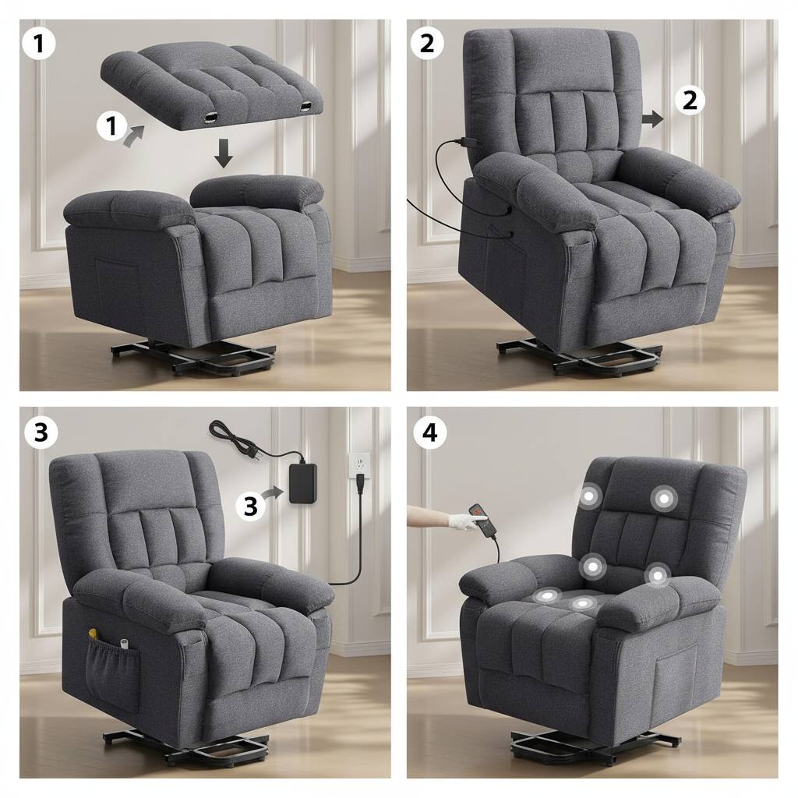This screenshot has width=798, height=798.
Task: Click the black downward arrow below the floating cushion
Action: pos(224,153)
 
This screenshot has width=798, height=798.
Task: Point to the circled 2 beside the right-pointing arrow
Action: pos(689,101)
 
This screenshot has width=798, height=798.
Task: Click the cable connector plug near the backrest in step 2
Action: pos(467,143)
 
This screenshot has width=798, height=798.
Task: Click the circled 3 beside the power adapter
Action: pos(250,506)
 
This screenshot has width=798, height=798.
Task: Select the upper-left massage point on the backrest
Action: pos(588,496)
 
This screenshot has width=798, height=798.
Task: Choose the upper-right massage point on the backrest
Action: pos(664,498)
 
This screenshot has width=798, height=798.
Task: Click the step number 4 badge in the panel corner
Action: pos(429,433)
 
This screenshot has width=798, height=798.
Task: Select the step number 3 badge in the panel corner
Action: pos(41,433)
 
